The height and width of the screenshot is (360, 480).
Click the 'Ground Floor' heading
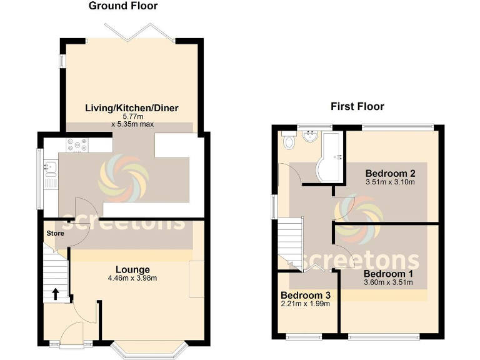coord(123,6)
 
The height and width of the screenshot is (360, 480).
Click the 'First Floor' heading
coord(357,106)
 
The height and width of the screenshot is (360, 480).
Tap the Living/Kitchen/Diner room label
coord(132,108)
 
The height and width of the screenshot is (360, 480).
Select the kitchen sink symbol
coord(51,167)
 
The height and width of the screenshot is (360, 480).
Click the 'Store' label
coord(54,233)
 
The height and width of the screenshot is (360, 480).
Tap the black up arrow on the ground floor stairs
coord(56,293)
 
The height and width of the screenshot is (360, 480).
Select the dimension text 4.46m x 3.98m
coord(132,279)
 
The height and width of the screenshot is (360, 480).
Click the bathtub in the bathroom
coord(331,156)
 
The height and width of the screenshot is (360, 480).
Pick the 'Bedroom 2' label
coord(391,173)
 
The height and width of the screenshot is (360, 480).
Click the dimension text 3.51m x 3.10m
coord(391,182)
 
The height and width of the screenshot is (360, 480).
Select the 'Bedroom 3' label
coord(305,295)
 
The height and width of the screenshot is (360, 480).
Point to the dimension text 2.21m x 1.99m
coord(305,304)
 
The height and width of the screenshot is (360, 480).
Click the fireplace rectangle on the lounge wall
coord(196,279)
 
